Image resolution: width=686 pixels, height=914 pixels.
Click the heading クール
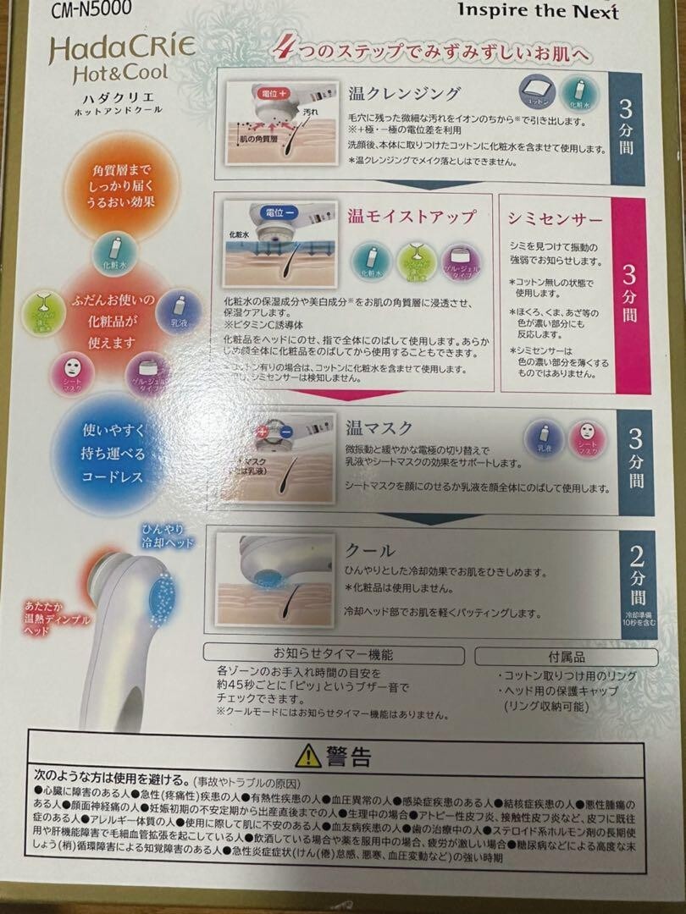(x=371, y=549)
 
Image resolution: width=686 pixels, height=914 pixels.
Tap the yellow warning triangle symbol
(x=308, y=754)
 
